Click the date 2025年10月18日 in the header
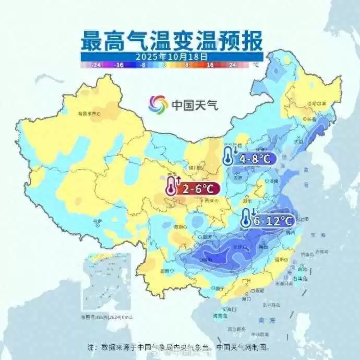(x=172, y=56)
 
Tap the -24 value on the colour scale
(x=95, y=65)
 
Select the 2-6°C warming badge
(x=193, y=188)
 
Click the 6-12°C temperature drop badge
(x=267, y=220)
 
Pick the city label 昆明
(x=169, y=271)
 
